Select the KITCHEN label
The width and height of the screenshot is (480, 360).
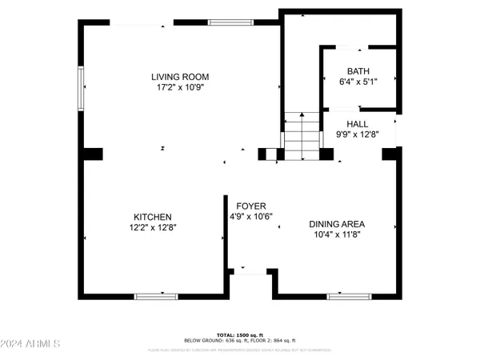[152, 217]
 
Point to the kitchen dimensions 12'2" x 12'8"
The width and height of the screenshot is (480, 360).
[152, 227]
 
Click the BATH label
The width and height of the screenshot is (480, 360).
[358, 70]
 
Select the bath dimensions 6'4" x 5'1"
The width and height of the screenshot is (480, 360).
[358, 81]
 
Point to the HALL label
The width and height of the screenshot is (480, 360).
[357, 124]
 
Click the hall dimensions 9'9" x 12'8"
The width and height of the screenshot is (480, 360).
[357, 134]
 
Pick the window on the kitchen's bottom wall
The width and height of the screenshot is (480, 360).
[156, 296]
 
